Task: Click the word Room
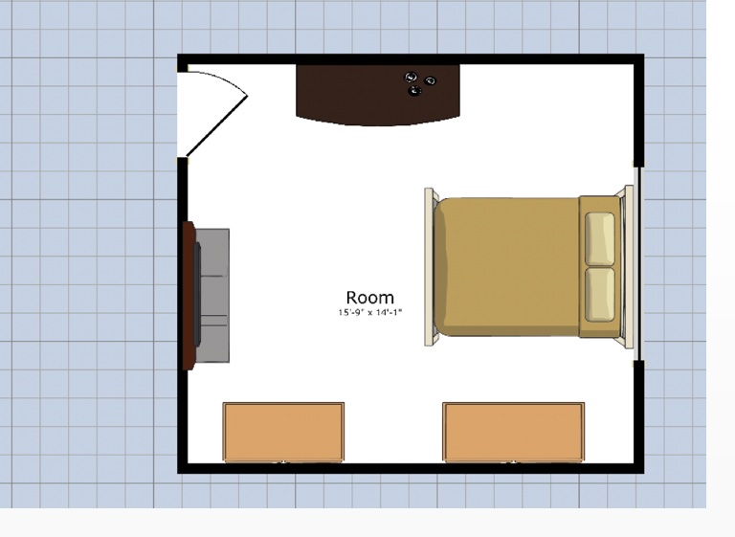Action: click(369, 298)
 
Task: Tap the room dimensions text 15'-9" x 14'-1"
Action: click(369, 312)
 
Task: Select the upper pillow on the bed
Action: click(600, 239)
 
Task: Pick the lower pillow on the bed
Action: click(600, 295)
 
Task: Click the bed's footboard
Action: click(430, 267)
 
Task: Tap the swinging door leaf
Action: click(216, 126)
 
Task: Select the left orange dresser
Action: click(283, 432)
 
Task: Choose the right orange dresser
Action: click(514, 432)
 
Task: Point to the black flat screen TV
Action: click(197, 295)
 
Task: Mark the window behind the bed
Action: click(638, 263)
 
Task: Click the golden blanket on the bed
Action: click(507, 267)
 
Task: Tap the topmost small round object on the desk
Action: click(411, 77)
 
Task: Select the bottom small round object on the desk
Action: click(414, 91)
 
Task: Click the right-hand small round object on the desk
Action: click(431, 81)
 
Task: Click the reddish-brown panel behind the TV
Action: click(189, 296)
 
